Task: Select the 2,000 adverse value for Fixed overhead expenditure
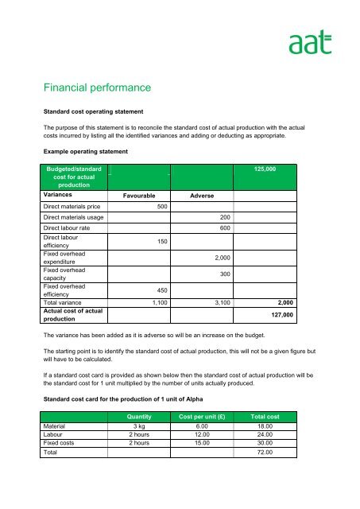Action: pos(223,258)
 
